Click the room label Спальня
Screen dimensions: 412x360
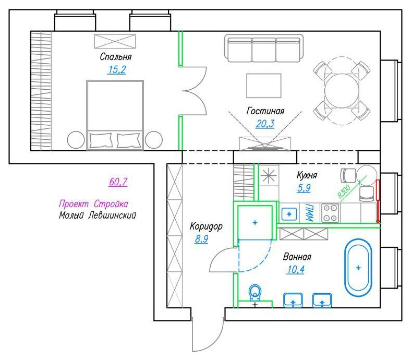[116, 57]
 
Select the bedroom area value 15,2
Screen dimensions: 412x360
[117, 70]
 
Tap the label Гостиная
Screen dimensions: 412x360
[265, 111]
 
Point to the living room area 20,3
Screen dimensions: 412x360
[265, 124]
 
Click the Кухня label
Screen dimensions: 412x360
[307, 175]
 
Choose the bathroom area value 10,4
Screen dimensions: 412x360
[296, 270]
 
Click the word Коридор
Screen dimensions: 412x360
[207, 226]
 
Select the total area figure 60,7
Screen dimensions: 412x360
[118, 182]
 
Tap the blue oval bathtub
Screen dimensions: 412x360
[358, 268]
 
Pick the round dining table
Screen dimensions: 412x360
[342, 91]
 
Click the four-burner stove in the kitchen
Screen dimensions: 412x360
[330, 213]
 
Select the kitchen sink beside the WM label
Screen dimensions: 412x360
[289, 214]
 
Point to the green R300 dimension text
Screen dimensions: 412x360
[344, 191]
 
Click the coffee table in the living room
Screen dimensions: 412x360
[264, 86]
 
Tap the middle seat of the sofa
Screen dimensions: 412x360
[264, 50]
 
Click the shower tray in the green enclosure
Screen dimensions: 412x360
[255, 223]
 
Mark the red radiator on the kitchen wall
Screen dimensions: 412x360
[378, 201]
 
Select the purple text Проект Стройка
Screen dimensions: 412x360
[93, 204]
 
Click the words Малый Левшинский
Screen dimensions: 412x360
[98, 215]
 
